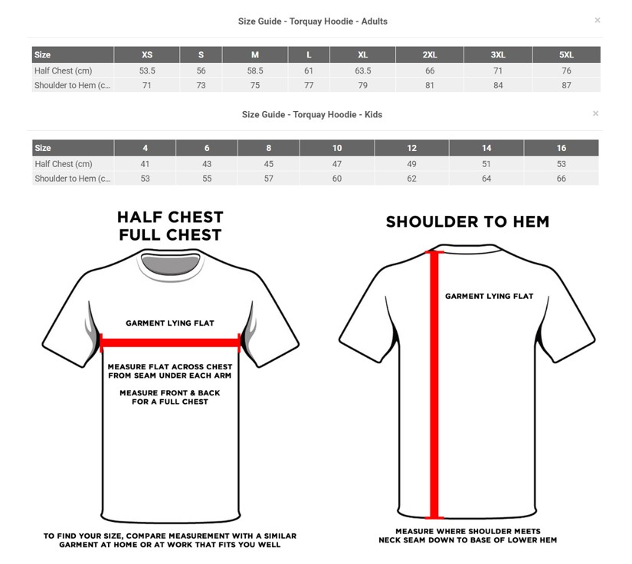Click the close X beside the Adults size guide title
(598, 20)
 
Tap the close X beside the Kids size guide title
(595, 113)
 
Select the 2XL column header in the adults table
(430, 55)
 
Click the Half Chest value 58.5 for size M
(255, 71)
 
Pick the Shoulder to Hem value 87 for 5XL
(566, 86)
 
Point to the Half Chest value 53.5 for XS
(147, 71)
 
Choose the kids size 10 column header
(337, 148)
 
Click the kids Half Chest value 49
(411, 164)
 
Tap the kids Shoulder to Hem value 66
(561, 179)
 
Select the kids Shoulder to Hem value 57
(268, 179)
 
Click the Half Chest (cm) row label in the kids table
(64, 164)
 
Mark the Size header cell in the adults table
(42, 55)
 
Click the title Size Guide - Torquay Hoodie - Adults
(313, 21)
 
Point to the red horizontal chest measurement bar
(170, 343)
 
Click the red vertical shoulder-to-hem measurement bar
(434, 385)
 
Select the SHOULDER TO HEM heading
(467, 221)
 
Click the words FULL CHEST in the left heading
(171, 235)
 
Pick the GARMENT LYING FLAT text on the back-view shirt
(489, 297)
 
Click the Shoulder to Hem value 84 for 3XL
(498, 86)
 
